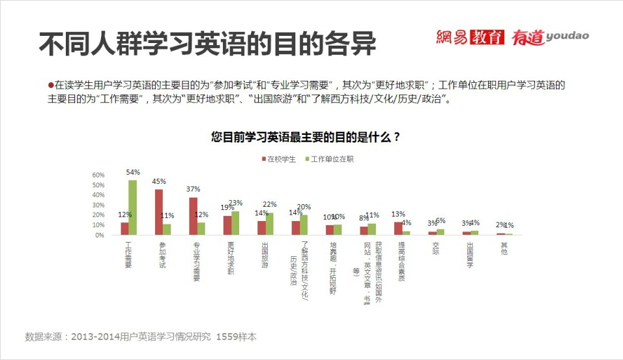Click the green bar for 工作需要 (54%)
click(x=132, y=207)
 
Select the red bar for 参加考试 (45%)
click(x=158, y=212)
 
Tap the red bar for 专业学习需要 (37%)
click(x=193, y=216)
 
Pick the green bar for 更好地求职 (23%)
click(x=235, y=223)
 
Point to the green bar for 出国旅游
click(x=269, y=224)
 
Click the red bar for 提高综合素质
click(x=398, y=228)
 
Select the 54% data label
click(x=134, y=172)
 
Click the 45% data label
click(x=159, y=181)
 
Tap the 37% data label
click(x=193, y=189)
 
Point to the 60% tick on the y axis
click(x=98, y=175)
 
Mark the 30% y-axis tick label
click(x=98, y=205)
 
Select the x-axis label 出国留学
click(x=470, y=252)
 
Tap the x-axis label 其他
click(x=504, y=248)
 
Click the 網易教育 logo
click(x=470, y=38)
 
